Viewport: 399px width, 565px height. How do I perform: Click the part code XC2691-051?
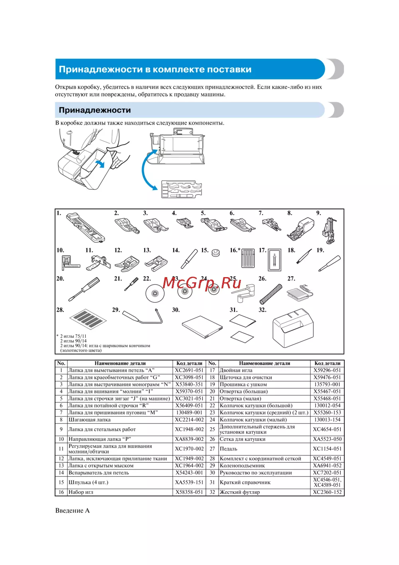point(189,370)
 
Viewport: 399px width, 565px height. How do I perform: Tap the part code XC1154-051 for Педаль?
point(327,449)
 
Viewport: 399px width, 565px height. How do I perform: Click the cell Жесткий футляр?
point(239,492)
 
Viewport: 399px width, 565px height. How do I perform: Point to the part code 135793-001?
point(327,385)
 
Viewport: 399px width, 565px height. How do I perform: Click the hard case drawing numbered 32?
point(293,328)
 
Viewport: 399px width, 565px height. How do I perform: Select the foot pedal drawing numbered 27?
point(299,293)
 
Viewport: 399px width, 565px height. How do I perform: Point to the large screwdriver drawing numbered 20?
point(84,289)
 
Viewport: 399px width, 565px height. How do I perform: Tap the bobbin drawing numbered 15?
point(216,253)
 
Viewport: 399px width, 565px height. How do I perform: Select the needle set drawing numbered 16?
point(248,258)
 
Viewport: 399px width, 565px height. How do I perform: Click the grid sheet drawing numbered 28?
point(88,318)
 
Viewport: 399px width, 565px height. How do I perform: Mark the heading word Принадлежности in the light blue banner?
point(95,110)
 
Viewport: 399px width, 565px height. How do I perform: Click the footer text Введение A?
point(72,510)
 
